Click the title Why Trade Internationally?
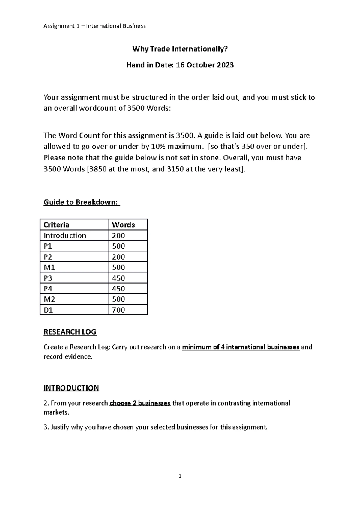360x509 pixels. (180, 49)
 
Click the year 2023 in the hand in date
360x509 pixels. (225, 65)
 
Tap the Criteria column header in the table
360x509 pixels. (56, 225)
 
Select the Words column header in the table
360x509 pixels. (123, 225)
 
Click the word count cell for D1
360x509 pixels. (118, 310)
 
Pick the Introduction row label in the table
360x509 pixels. (65, 236)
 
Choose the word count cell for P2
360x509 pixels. (118, 257)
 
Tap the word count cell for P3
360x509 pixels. (118, 278)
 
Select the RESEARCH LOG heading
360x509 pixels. (70, 332)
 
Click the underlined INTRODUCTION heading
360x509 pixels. (71, 388)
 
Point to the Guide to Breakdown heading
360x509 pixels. (81, 202)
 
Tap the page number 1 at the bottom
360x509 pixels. (180, 476)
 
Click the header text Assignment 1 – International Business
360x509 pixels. (94, 26)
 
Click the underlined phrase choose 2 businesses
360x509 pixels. (140, 403)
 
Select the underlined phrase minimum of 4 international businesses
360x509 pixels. (241, 347)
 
